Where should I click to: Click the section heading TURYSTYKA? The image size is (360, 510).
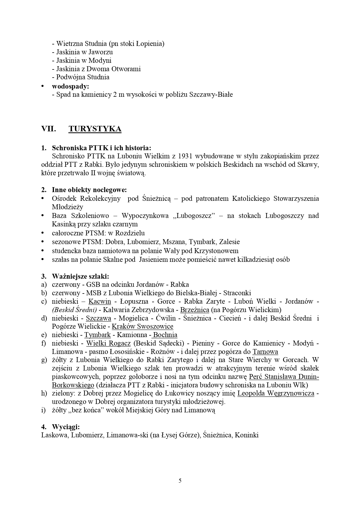(x=95, y=129)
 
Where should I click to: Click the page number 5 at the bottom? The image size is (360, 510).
(x=180, y=480)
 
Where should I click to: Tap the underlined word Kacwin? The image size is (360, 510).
(x=100, y=301)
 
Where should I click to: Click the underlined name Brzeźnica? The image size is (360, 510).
(x=195, y=310)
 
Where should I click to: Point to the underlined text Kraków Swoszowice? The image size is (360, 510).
(x=142, y=327)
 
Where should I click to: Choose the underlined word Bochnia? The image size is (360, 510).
(x=165, y=335)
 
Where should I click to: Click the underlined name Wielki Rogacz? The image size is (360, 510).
(x=108, y=343)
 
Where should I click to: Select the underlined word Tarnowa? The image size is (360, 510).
(x=265, y=352)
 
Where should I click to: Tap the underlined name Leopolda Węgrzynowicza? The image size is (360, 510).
(x=276, y=394)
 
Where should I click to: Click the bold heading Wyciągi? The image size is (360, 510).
(x=66, y=427)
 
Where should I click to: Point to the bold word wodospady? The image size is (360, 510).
(x=70, y=86)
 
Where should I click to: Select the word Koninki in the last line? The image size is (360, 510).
(x=246, y=435)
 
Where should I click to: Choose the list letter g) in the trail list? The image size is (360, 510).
(x=44, y=360)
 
